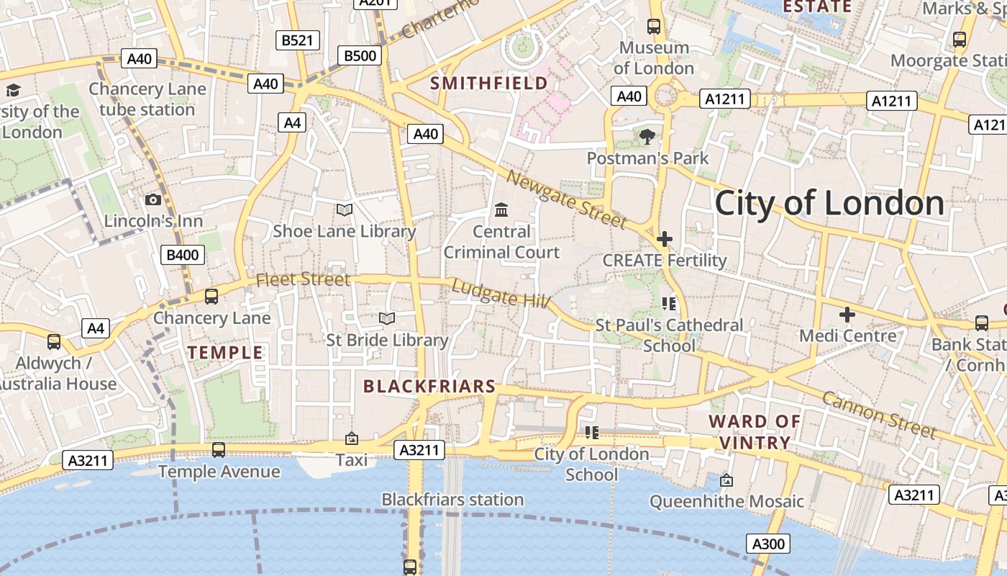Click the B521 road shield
(x=297, y=40)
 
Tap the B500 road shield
(x=360, y=55)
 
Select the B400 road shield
(x=183, y=254)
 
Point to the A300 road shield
(x=767, y=544)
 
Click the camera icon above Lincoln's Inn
(x=153, y=199)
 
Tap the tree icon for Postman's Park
(x=647, y=136)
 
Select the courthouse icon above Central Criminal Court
(x=501, y=210)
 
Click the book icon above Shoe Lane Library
(x=345, y=210)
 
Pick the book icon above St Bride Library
(x=387, y=318)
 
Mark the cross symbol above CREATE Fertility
(x=665, y=238)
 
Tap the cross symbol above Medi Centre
(x=847, y=314)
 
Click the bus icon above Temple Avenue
(x=219, y=450)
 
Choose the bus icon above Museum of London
(x=654, y=27)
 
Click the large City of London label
(x=829, y=203)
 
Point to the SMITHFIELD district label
(x=489, y=84)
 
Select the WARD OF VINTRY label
(x=755, y=431)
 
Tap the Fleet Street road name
(x=303, y=279)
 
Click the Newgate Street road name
(x=565, y=199)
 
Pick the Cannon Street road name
(x=879, y=415)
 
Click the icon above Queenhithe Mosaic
(x=726, y=480)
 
